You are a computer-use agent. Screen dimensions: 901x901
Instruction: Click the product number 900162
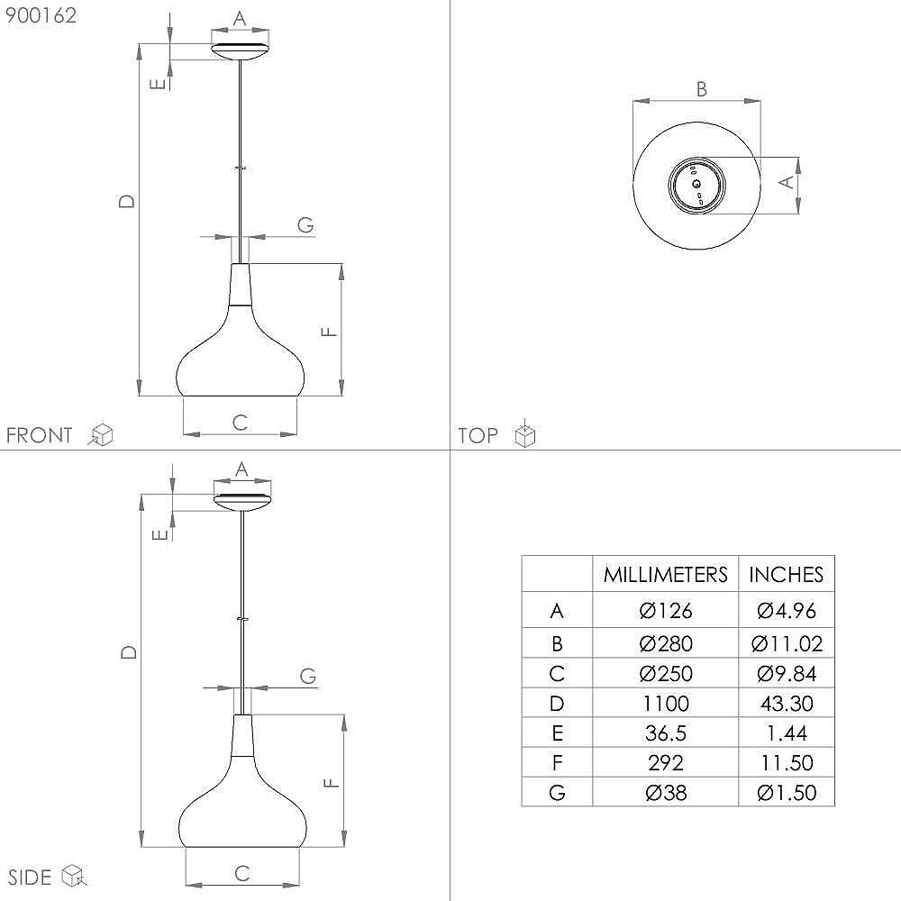click(x=41, y=15)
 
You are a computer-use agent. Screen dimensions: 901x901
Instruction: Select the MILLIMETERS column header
click(x=666, y=575)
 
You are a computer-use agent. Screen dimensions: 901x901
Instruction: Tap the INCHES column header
click(x=786, y=575)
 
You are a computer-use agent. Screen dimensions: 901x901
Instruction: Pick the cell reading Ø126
click(x=666, y=610)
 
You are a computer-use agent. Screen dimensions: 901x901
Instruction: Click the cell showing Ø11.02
click(x=787, y=643)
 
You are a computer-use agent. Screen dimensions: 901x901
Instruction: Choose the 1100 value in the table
click(x=666, y=704)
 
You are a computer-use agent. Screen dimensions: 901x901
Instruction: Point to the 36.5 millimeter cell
click(x=666, y=733)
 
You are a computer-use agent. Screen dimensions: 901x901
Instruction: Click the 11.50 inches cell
click(x=787, y=763)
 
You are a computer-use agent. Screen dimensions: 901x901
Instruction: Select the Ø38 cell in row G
click(x=666, y=793)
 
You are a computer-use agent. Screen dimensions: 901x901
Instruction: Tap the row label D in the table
click(x=557, y=704)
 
